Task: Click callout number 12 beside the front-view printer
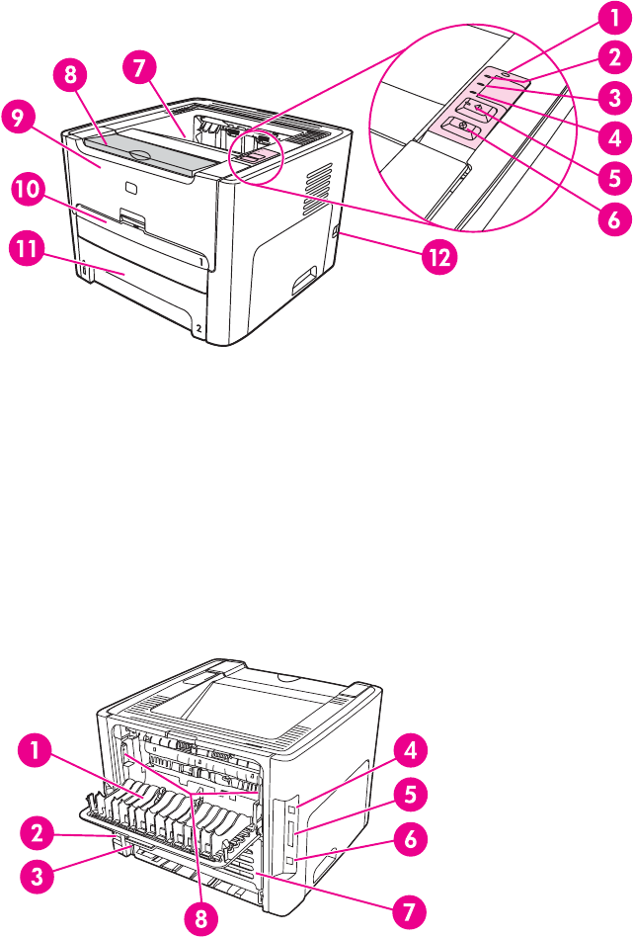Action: click(x=438, y=259)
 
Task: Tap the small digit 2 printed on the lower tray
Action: click(x=198, y=325)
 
